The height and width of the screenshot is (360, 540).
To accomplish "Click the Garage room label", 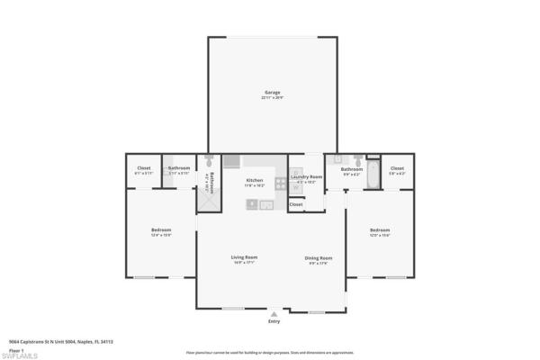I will (272, 93).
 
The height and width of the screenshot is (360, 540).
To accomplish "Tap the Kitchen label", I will (255, 180).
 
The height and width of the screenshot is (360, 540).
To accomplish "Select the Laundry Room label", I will (307, 177).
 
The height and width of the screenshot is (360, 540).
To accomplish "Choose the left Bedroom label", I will (160, 231).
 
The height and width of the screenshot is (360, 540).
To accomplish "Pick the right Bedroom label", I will (380, 231).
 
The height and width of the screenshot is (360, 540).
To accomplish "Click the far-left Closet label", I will (144, 168).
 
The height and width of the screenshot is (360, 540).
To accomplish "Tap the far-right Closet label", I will (397, 168).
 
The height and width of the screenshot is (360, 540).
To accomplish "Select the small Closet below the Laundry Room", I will (296, 204).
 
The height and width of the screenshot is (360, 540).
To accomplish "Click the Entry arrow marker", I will (274, 313).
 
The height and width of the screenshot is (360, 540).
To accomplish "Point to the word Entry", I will (274, 321).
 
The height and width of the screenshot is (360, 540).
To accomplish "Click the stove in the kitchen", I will (280, 184).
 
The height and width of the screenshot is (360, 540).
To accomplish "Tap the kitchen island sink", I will (253, 205).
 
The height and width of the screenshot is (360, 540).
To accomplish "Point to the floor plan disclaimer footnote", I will (270, 352).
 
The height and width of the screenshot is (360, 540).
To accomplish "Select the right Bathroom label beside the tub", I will (352, 169).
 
